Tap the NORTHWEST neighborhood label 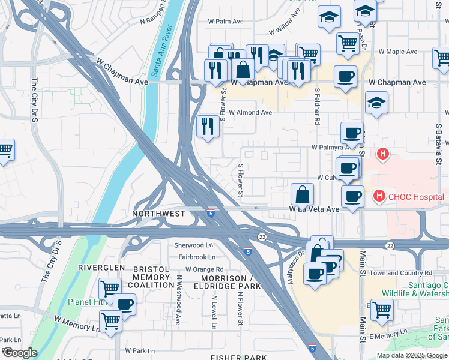tap(158, 214)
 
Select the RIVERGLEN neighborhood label tap(101, 267)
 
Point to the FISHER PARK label tap(239, 358)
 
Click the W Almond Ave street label tap(250, 112)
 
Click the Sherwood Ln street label tap(193, 245)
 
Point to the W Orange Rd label tap(204, 269)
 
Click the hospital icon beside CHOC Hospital tap(379, 196)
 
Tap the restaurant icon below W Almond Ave tap(208, 126)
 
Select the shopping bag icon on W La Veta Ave tap(302, 195)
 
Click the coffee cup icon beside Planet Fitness tap(125, 305)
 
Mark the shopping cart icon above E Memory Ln tap(382, 310)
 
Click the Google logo tap(19, 353)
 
